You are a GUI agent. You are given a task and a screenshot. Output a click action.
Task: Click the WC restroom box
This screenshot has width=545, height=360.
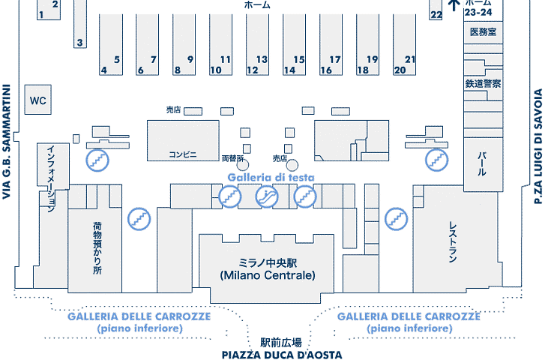tap(38, 100)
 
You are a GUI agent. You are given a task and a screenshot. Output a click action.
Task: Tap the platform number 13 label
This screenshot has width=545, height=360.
tap(262, 59)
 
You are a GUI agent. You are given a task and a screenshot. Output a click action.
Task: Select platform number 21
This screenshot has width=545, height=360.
tap(409, 59)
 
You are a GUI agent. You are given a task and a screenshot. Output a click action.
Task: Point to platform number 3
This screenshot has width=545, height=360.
tap(79, 43)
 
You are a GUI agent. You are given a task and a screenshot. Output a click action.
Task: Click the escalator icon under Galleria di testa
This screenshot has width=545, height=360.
tap(266, 196)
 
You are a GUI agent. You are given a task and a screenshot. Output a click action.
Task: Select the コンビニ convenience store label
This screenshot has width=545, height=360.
tap(182, 154)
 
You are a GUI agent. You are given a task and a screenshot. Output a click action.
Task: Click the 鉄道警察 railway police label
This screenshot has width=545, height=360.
tap(483, 84)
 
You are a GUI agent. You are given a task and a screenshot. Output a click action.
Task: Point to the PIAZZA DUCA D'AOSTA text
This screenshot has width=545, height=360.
tap(282, 354)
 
